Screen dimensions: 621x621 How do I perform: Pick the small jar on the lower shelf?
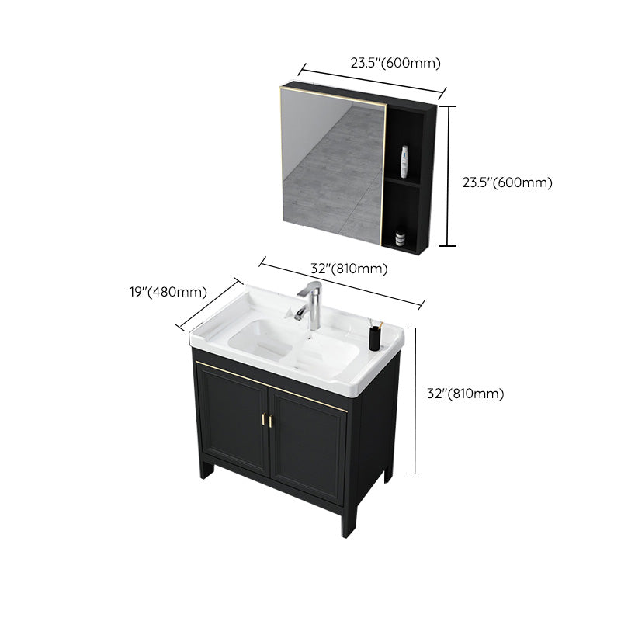click(x=400, y=236)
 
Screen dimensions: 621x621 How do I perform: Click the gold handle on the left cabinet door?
click(x=264, y=419)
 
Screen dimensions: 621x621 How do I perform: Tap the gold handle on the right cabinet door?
click(x=273, y=421)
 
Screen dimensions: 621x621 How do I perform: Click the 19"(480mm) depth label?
click(x=168, y=293)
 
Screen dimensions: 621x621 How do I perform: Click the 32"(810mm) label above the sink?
click(x=349, y=269)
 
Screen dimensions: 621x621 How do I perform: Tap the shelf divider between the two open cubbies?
click(x=404, y=182)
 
